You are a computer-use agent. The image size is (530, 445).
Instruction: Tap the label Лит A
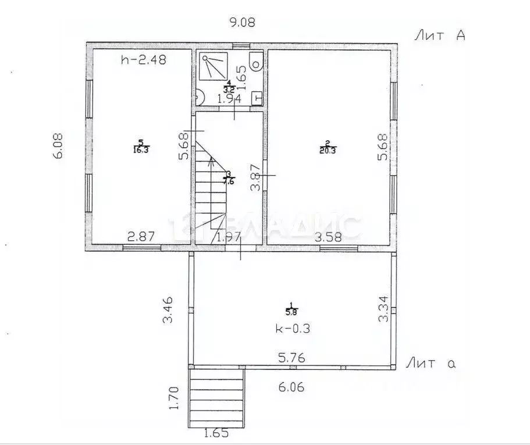(x=440, y=36)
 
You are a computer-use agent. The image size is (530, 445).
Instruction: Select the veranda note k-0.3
(x=293, y=328)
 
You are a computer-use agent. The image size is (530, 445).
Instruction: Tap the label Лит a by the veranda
(x=430, y=364)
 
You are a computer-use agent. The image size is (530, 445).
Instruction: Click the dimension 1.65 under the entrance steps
(x=216, y=433)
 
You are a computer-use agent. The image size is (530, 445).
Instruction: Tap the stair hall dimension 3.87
(x=254, y=177)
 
